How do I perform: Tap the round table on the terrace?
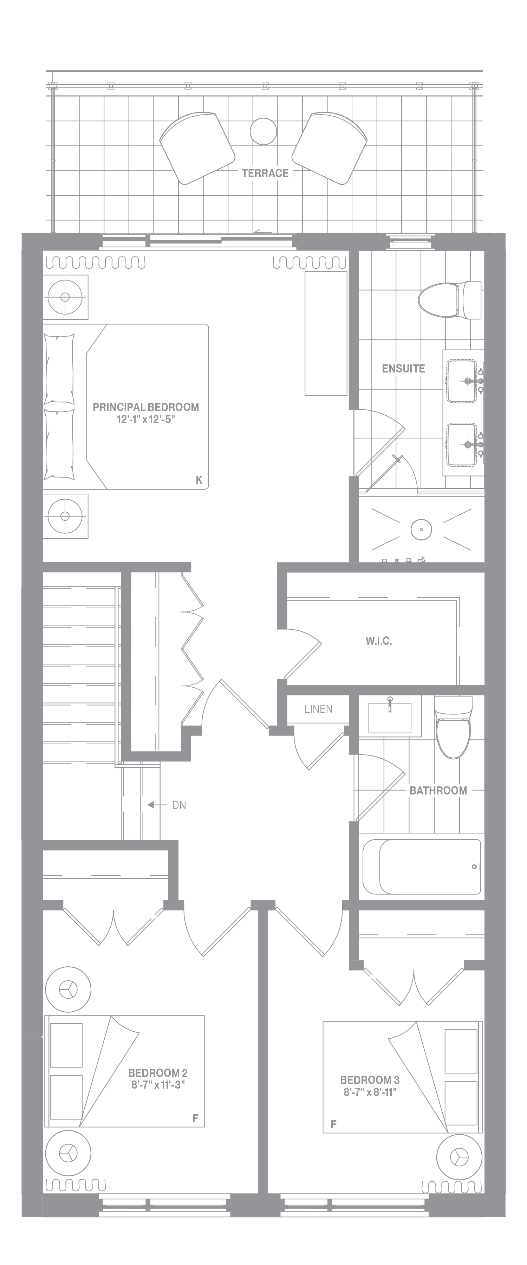pyautogui.click(x=263, y=132)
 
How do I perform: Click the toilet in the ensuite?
pyautogui.click(x=450, y=300)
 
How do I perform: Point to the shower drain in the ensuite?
pyautogui.click(x=421, y=530)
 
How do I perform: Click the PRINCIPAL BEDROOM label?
pyautogui.click(x=146, y=407)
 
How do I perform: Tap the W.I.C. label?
pyautogui.click(x=379, y=641)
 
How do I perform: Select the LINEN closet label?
pyautogui.click(x=318, y=709)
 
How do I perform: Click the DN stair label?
pyautogui.click(x=179, y=805)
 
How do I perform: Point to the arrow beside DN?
pyautogui.click(x=157, y=805)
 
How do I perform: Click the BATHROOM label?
pyautogui.click(x=438, y=790)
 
